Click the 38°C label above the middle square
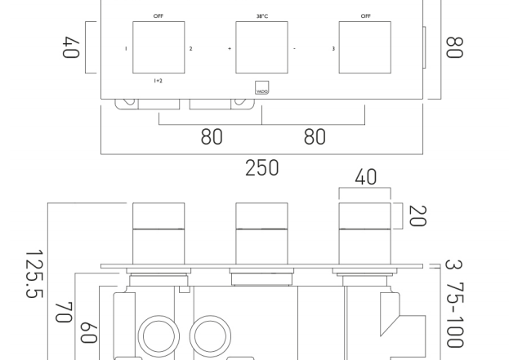262,16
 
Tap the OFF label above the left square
159,16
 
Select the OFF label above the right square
365,16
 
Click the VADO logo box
262,87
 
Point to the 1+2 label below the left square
158,81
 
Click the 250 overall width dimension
261,167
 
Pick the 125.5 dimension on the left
34,273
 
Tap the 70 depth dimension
63,313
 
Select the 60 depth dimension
88,333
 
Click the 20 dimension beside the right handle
417,216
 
